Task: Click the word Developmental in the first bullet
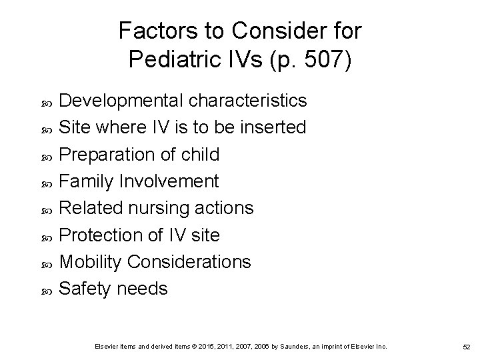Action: coord(122,101)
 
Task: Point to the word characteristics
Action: coord(248,101)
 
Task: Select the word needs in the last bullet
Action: coord(141,289)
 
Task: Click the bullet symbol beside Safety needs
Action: coord(45,290)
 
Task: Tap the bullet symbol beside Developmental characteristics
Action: coord(45,101)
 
